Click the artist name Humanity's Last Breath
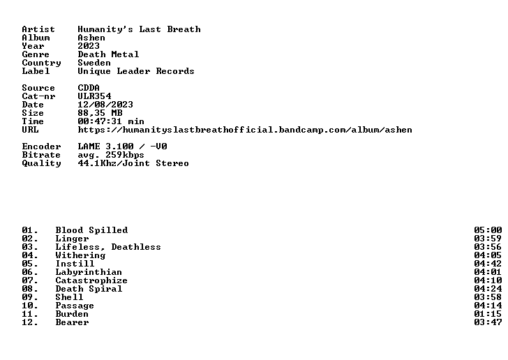click(x=139, y=29)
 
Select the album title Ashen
click(x=91, y=38)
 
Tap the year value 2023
click(x=89, y=46)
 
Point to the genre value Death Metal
click(x=108, y=54)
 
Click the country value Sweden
click(x=94, y=63)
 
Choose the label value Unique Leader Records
click(x=136, y=71)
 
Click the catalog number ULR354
click(x=94, y=96)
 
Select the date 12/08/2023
click(x=105, y=105)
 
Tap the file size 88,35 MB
click(x=100, y=113)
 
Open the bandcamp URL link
click(x=245, y=130)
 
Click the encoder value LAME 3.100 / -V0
click(x=123, y=147)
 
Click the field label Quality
click(x=41, y=163)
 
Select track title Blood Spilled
click(x=91, y=230)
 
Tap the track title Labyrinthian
click(x=89, y=272)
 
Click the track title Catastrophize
click(x=91, y=280)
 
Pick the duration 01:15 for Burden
click(x=488, y=314)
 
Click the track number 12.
click(x=30, y=322)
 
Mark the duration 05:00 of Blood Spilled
click(x=488, y=230)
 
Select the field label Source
click(x=38, y=88)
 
